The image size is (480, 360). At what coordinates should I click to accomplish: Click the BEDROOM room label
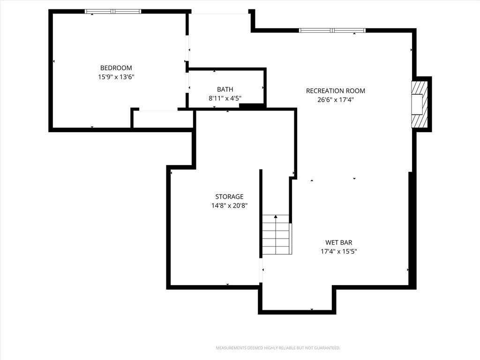[x=116, y=68]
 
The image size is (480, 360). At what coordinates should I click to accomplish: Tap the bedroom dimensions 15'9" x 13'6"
[x=116, y=77]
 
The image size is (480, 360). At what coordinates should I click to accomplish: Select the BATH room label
[x=225, y=90]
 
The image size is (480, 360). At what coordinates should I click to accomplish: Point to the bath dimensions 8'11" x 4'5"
[x=225, y=98]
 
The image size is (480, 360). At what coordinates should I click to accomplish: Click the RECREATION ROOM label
[x=336, y=91]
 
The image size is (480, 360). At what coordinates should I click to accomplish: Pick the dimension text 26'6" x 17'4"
[x=336, y=100]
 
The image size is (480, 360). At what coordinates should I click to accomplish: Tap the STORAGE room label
[x=229, y=196]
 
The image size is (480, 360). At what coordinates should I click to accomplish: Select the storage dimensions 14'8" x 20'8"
[x=229, y=205]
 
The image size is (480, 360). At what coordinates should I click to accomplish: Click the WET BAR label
[x=338, y=242]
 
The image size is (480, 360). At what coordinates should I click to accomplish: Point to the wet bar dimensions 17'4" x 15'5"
[x=338, y=251]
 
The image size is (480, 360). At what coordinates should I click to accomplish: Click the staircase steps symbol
[x=276, y=235]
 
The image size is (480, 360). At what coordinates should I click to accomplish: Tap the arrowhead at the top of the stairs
[x=276, y=217]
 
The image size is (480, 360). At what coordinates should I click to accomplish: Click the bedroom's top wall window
[x=113, y=12]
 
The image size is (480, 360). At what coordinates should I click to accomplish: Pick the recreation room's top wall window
[x=332, y=30]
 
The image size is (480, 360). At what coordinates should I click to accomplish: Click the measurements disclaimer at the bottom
[x=278, y=348]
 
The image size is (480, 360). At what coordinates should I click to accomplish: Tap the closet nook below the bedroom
[x=163, y=119]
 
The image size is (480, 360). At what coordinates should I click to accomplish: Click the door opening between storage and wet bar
[x=261, y=270]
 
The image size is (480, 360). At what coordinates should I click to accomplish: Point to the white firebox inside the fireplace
[x=417, y=105]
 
